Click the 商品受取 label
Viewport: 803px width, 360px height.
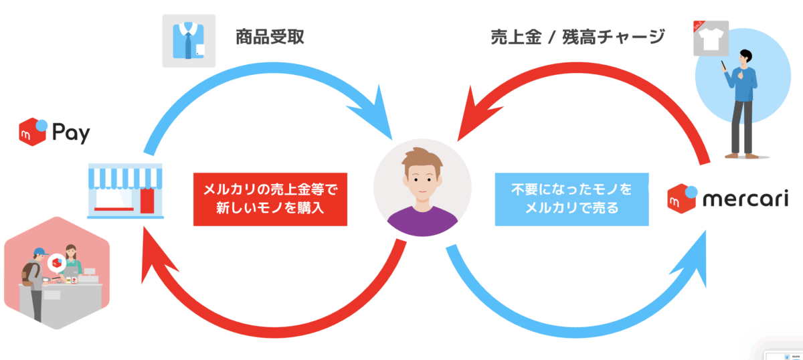[x=270, y=37]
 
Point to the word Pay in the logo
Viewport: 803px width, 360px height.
[x=70, y=134]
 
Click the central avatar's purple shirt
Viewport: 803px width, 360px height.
[x=422, y=221]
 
